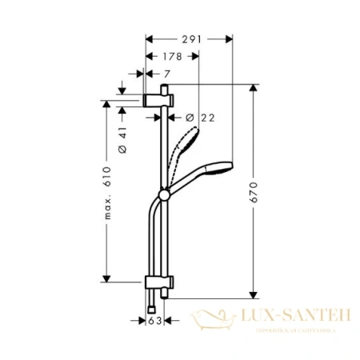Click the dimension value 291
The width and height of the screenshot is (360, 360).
click(x=190, y=37)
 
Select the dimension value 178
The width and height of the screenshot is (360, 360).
click(x=173, y=56)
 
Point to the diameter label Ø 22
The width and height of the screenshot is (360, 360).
click(x=201, y=117)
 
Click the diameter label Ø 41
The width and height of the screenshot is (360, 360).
click(x=122, y=140)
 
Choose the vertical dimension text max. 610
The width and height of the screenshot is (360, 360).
click(x=106, y=192)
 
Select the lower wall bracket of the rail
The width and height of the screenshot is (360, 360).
click(x=158, y=282)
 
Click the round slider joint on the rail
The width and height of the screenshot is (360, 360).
click(x=165, y=193)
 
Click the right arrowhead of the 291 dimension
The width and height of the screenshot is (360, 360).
click(x=229, y=37)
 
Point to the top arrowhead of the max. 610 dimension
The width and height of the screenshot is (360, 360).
click(x=106, y=103)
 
